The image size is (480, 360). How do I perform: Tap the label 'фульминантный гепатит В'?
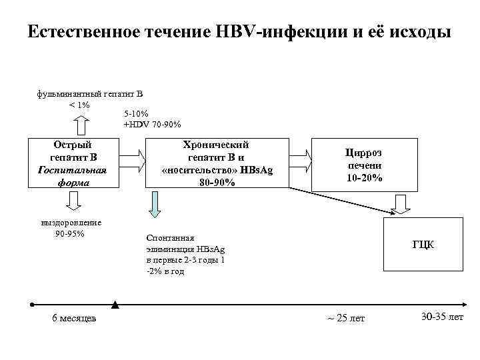point(85,95)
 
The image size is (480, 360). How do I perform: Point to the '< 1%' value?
point(79,105)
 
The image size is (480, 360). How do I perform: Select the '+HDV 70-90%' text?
point(152,124)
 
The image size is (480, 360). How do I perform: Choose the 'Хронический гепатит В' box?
point(217,151)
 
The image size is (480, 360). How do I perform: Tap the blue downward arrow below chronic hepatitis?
point(155,204)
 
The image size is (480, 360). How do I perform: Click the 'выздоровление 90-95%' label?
point(71,228)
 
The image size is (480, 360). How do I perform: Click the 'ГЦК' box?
point(423,244)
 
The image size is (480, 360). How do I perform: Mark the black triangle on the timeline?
point(116,305)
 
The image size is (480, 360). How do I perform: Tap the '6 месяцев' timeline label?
point(74,318)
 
